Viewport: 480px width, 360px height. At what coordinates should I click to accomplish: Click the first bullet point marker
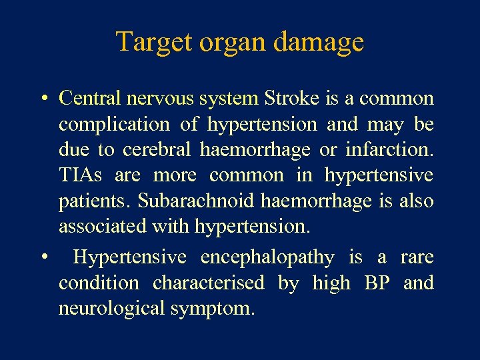coord(42,99)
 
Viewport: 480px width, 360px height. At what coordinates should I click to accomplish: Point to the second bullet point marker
coord(42,258)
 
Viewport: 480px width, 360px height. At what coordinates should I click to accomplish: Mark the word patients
coord(87,201)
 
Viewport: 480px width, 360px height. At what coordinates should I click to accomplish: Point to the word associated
coord(103,227)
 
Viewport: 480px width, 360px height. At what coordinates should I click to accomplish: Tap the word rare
coord(417,257)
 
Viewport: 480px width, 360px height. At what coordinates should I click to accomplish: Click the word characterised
coord(209,283)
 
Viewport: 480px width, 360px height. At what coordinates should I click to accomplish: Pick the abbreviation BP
coord(377,283)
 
